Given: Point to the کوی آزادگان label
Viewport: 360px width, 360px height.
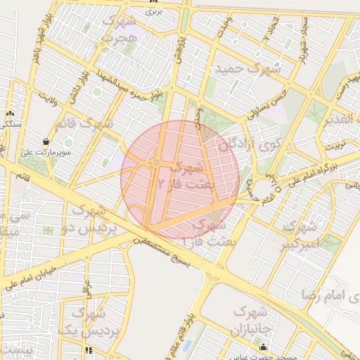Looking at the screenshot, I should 236,145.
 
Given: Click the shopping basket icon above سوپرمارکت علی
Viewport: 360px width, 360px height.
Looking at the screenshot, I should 46,141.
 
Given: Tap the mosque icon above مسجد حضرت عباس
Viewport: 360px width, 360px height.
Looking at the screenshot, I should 264,346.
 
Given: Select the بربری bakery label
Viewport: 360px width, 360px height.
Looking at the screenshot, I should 155,11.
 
